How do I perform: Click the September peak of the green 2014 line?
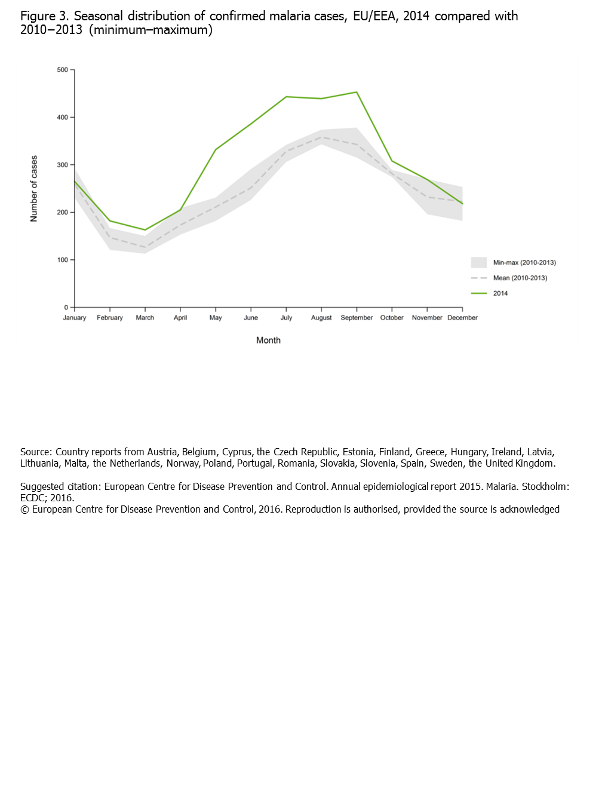357,92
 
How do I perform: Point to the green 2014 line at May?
216,149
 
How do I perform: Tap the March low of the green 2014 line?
145,230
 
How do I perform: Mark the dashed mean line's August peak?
322,137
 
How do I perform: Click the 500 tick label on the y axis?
63,70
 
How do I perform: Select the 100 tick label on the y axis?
63,260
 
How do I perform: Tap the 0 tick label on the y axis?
66,308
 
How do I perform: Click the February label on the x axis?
110,318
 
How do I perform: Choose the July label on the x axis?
286,318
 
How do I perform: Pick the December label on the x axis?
462,318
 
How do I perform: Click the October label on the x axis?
392,318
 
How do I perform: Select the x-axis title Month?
268,341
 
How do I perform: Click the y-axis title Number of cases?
34,189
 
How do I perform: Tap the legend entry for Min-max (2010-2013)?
524,263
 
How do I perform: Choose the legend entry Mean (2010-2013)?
520,278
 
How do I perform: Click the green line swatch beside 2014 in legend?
479,293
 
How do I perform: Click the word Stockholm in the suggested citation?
545,486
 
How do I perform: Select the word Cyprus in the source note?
236,452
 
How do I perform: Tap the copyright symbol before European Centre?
24,510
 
